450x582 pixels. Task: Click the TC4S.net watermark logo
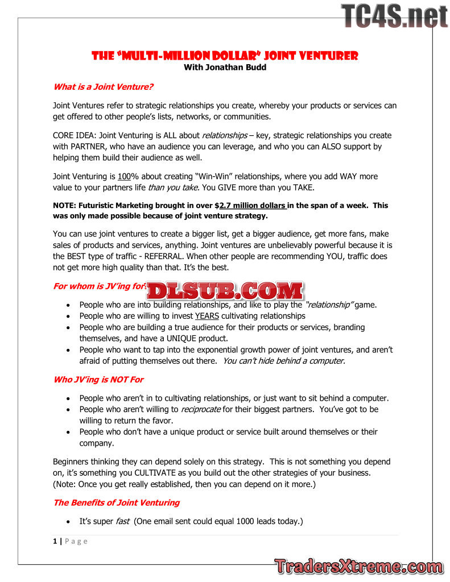coord(394,15)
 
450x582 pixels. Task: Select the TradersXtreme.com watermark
coord(358,567)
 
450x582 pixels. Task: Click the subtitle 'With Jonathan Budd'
coord(225,67)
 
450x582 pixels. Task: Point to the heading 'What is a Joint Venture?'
coord(103,87)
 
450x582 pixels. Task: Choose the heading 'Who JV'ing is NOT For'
coord(98,379)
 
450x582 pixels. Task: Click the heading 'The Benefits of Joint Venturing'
coord(116,502)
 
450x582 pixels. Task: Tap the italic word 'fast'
coord(122,521)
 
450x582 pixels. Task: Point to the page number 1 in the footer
coord(55,541)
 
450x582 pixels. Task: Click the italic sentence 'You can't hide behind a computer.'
coord(284,361)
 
